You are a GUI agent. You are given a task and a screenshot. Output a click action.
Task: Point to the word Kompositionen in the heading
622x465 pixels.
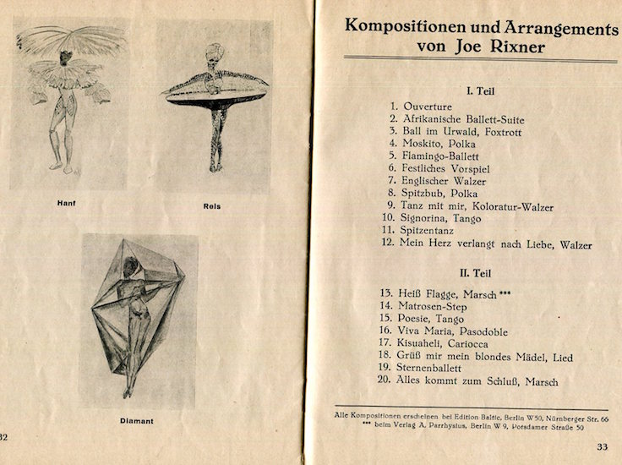pyautogui.click(x=407, y=26)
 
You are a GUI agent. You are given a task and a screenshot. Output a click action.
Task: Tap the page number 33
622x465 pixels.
pyautogui.click(x=602, y=447)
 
